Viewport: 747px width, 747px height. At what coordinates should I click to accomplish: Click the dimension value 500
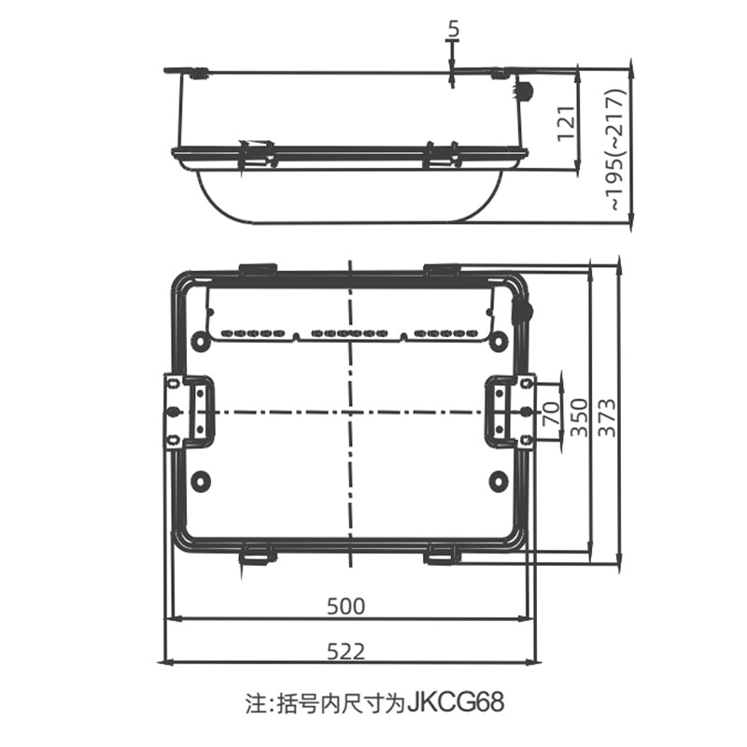pos(345,605)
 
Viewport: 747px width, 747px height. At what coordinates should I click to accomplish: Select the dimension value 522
pos(345,651)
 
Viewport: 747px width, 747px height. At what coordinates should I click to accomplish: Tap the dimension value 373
pos(607,413)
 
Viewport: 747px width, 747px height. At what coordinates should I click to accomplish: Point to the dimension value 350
pos(579,413)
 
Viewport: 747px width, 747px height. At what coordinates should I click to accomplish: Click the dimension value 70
pos(550,411)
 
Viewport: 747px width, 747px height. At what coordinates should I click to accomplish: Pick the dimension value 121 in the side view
pos(565,120)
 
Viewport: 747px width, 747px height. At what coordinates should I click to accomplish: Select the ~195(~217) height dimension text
pos(613,148)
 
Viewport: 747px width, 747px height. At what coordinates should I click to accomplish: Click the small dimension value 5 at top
pos(453,30)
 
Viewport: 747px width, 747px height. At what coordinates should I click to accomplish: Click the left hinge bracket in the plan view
pos(187,411)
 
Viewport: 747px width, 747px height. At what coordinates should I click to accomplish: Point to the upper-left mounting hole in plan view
pos(201,340)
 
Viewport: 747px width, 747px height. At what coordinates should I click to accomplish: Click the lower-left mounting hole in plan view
pos(201,481)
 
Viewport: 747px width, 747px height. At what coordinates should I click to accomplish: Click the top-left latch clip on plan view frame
pos(257,270)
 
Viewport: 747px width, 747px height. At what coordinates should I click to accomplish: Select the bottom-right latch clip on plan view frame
pos(443,555)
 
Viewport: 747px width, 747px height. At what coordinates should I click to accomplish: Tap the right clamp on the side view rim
pos(441,154)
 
